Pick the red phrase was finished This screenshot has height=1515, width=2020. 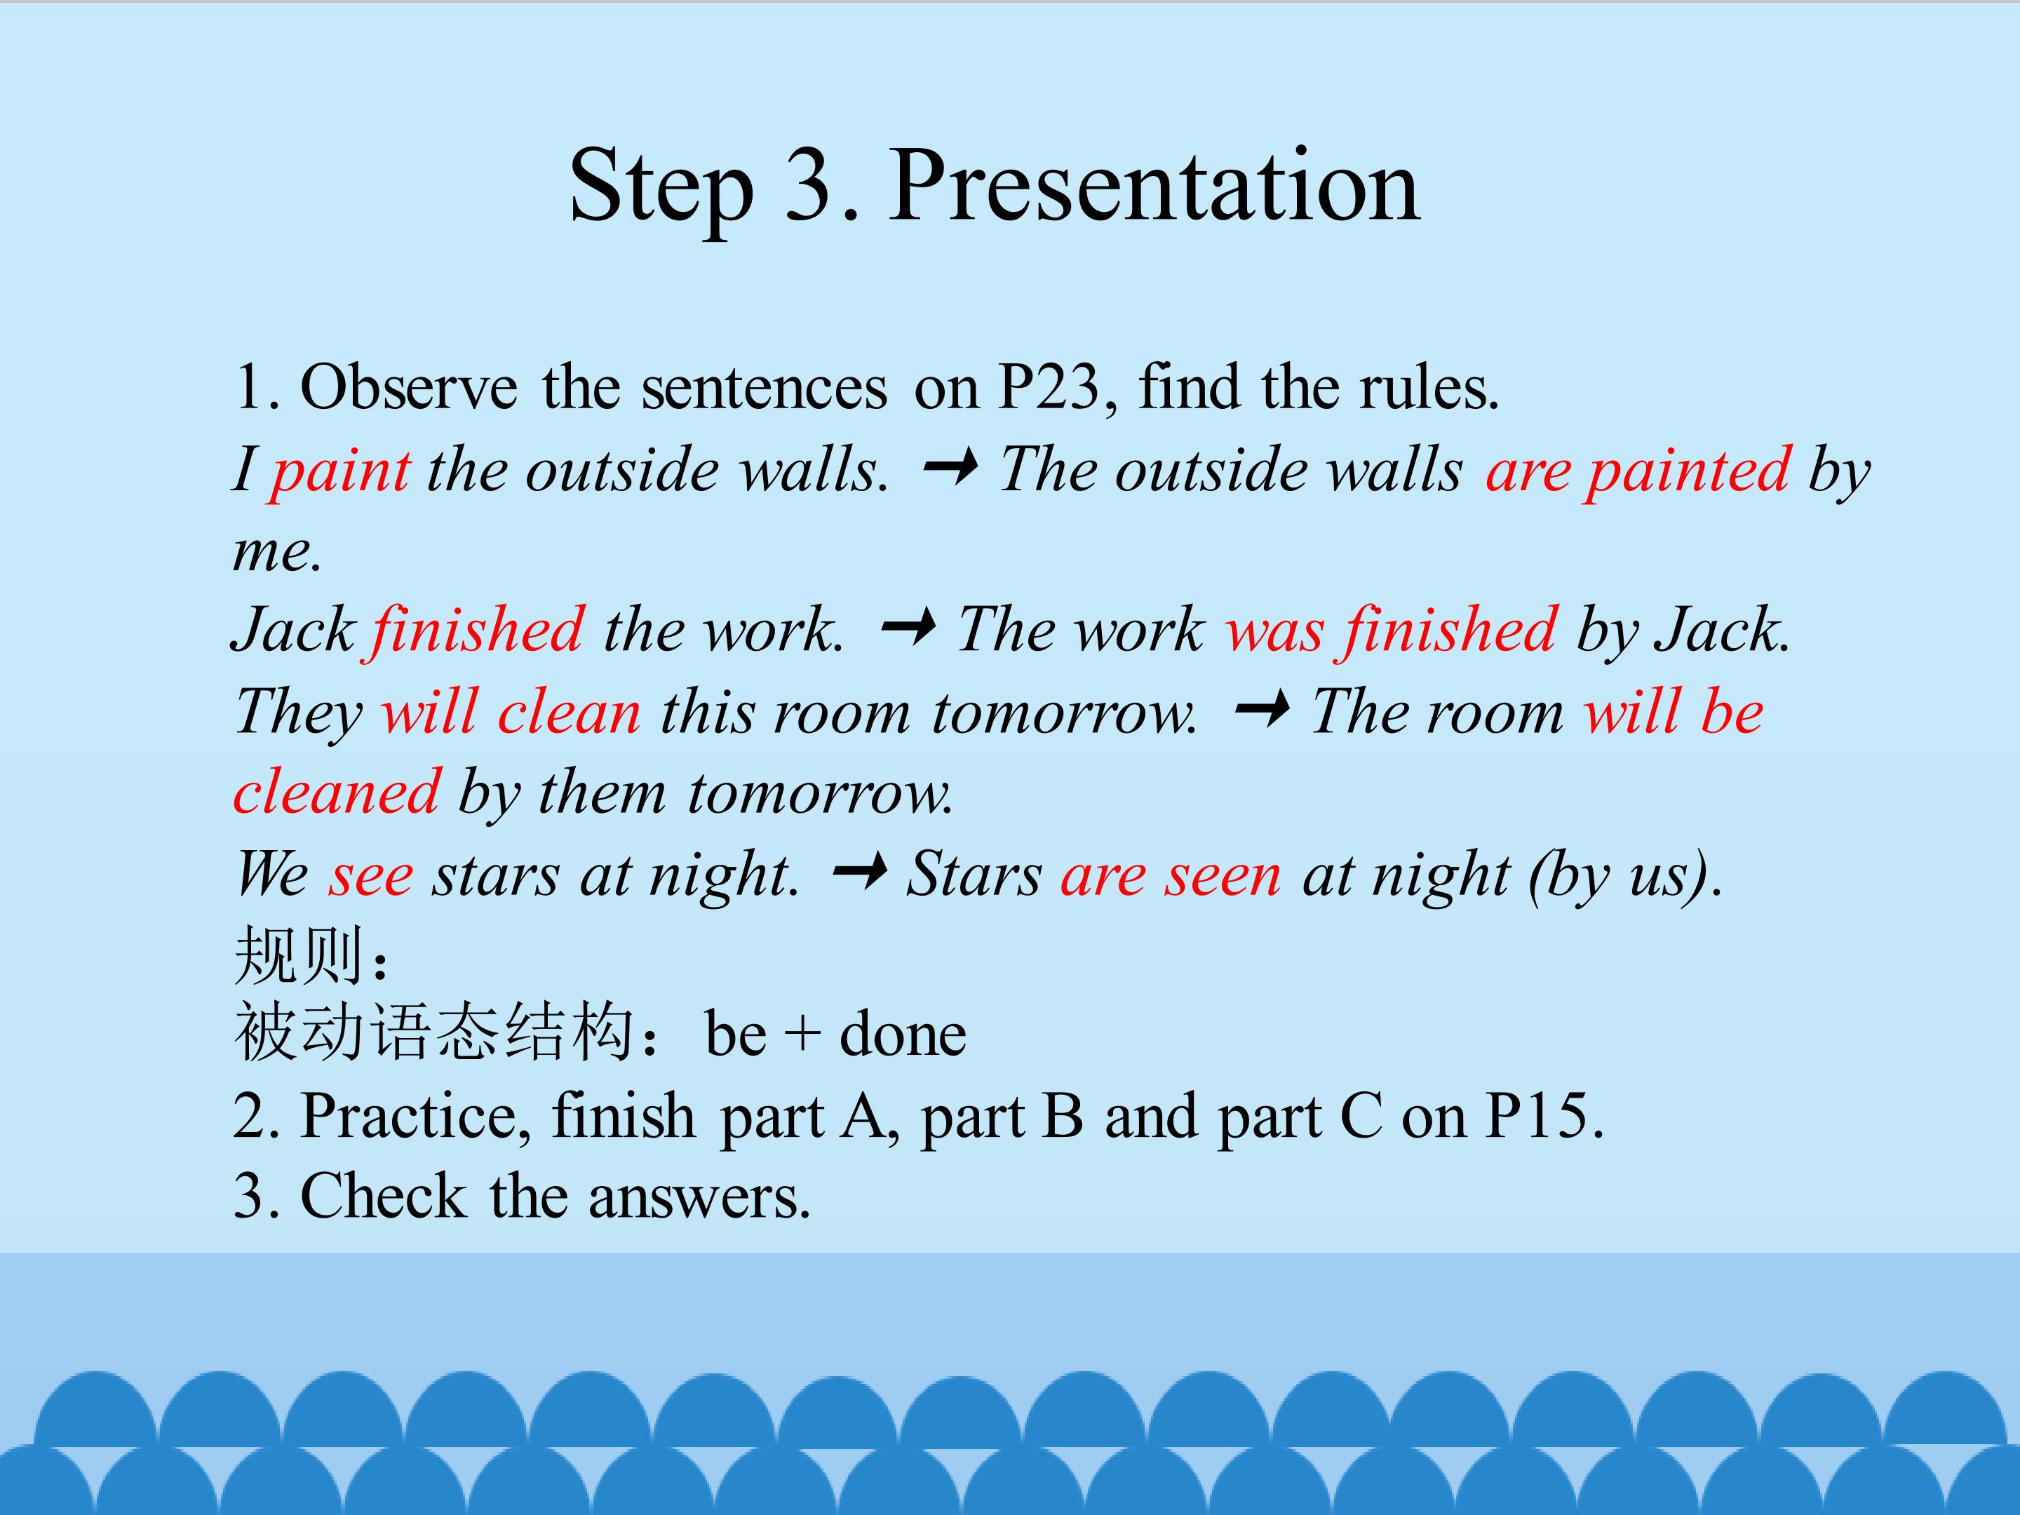pyautogui.click(x=1391, y=630)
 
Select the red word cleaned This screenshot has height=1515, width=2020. pyautogui.click(x=337, y=792)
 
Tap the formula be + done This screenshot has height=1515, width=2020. pyautogui.click(x=835, y=1034)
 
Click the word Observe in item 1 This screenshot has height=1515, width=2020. pyautogui.click(x=409, y=387)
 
